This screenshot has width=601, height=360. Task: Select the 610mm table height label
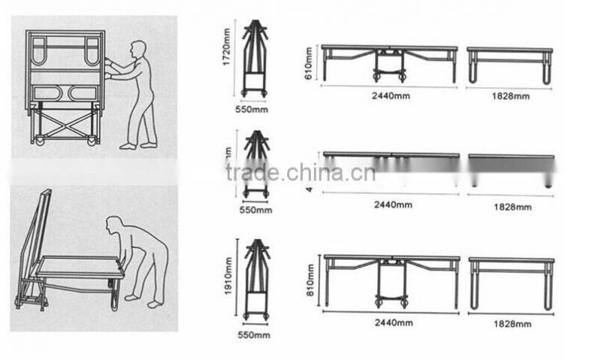(x=309, y=56)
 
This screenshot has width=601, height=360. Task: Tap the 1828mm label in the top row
(x=512, y=96)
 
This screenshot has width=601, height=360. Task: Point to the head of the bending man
(x=114, y=225)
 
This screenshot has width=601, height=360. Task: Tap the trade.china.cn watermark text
(x=300, y=174)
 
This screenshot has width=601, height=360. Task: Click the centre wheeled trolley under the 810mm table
(x=391, y=286)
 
